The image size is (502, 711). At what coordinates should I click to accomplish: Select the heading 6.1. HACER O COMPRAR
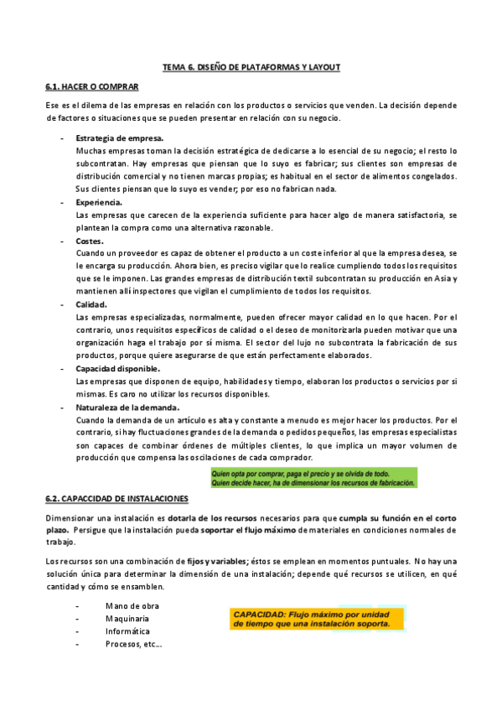(92, 86)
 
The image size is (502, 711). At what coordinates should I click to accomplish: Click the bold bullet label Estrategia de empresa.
(120, 138)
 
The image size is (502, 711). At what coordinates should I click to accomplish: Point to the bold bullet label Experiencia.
(100, 202)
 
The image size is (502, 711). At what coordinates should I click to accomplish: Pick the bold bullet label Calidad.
(91, 304)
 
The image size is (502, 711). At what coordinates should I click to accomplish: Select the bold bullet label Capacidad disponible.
(118, 368)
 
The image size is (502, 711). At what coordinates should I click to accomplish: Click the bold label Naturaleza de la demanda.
(127, 407)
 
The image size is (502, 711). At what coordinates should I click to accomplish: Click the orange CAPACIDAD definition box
(316, 618)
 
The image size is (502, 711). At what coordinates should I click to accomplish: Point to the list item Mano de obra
(132, 605)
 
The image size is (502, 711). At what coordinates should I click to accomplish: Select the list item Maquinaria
(128, 618)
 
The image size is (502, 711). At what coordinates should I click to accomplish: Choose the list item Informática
(128, 631)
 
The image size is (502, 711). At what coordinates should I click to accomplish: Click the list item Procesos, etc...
(133, 644)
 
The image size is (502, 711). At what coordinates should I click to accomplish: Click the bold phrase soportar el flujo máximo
(254, 530)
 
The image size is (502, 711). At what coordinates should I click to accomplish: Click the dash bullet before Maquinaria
(77, 618)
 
